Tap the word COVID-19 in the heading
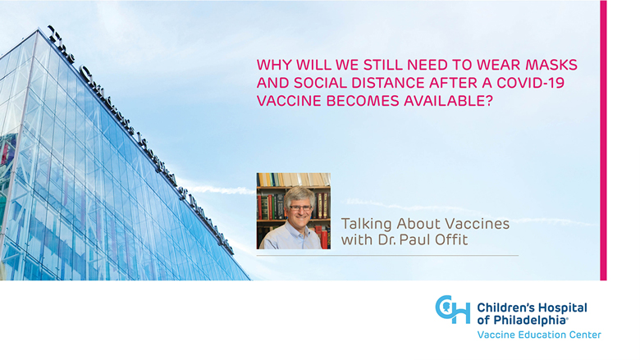tap(531, 83)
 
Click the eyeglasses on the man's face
tap(301, 208)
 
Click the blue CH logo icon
tap(453, 309)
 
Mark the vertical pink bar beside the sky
tap(603, 140)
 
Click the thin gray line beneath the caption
tap(387, 256)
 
